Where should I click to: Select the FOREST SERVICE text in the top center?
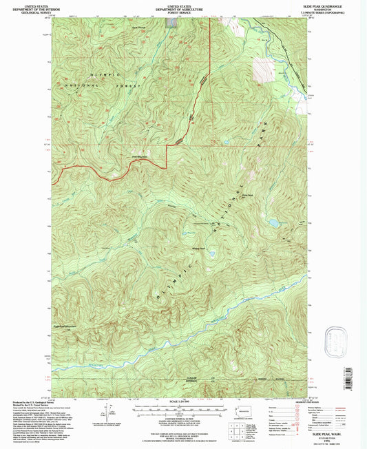pos(182,12)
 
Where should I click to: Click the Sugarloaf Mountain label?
pos(67,326)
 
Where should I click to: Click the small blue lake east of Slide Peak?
pos(274,224)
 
